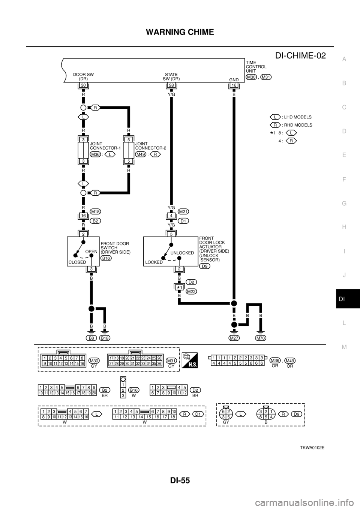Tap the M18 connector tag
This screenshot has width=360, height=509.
click(95, 212)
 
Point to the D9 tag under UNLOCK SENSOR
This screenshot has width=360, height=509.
click(204, 266)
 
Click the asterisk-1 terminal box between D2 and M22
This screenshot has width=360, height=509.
click(179, 287)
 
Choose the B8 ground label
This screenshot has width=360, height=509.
click(91, 338)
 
